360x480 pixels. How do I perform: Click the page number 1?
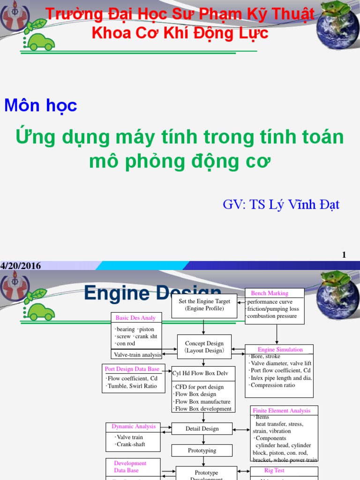coord(344,255)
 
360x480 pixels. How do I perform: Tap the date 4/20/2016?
coord(21,266)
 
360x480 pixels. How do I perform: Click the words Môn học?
coord(41,105)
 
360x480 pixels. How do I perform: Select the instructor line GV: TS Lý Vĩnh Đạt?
coord(281,204)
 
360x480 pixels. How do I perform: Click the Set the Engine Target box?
coord(204,305)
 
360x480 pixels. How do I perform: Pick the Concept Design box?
coord(204,347)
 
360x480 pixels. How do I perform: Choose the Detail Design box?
coord(202,428)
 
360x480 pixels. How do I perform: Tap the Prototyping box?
coord(202,450)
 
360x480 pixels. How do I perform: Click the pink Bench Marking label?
coord(270,293)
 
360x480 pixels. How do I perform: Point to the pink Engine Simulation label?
coord(280,350)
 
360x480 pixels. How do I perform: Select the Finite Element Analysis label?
coord(281,411)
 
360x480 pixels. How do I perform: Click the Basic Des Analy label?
coord(135,318)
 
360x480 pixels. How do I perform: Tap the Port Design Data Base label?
coord(132,369)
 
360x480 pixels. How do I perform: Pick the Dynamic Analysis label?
coord(133,427)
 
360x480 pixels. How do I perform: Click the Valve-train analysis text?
coord(137,355)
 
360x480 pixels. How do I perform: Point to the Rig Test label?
coord(274,470)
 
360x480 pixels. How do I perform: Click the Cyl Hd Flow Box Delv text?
coord(201,373)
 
